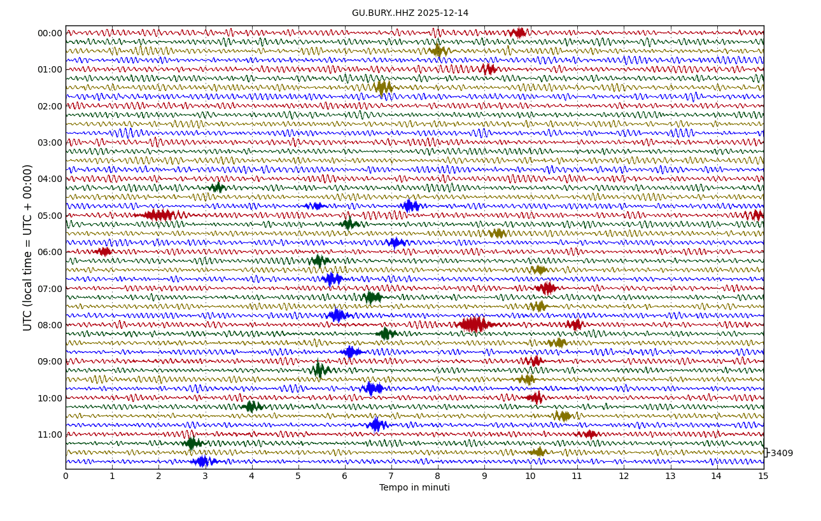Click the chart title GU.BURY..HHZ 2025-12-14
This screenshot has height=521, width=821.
[410, 13]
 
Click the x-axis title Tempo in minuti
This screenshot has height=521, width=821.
[414, 488]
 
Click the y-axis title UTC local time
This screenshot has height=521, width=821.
[28, 247]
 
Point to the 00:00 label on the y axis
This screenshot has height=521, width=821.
[50, 33]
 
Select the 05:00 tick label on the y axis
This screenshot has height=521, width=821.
[50, 216]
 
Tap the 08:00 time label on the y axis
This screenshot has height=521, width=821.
[50, 325]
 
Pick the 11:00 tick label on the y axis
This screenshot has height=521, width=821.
[50, 434]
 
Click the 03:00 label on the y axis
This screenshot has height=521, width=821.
[50, 142]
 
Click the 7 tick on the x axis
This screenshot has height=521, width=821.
[391, 476]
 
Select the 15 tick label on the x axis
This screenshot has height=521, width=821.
[763, 476]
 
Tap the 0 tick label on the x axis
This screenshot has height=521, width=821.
[66, 476]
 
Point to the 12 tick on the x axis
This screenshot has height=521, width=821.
[624, 476]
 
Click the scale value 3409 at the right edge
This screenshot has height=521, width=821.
[782, 454]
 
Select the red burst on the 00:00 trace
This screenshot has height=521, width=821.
[518, 32]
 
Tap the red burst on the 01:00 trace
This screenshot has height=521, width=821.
[488, 69]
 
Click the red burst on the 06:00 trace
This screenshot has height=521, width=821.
[104, 251]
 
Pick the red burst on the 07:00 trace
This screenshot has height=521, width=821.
[546, 288]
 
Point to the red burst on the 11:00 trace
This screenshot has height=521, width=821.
[589, 434]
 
